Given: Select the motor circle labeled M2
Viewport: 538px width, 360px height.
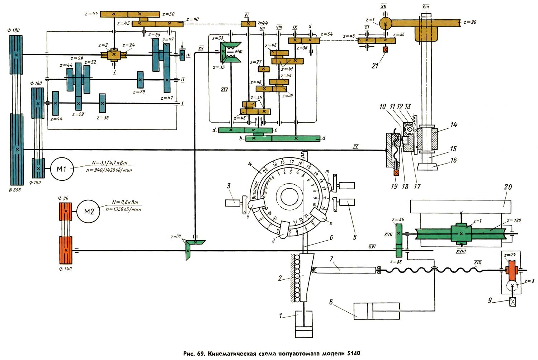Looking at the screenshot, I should pyautogui.click(x=89, y=212).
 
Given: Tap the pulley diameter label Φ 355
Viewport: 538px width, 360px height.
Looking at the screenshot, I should pyautogui.click(x=14, y=190).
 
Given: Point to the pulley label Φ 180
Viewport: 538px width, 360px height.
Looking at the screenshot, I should pyautogui.click(x=14, y=30).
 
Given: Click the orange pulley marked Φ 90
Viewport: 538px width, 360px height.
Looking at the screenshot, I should pyautogui.click(x=65, y=212).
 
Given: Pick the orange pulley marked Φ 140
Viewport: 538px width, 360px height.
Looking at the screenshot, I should pyautogui.click(x=65, y=250).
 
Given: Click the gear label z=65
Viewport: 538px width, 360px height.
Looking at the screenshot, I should pyautogui.click(x=154, y=35).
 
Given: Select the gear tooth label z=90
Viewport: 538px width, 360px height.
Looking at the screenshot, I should pyautogui.click(x=469, y=22).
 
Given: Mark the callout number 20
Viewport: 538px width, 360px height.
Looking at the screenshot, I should pyautogui.click(x=508, y=187).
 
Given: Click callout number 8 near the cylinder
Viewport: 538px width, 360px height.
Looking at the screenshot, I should pyautogui.click(x=331, y=302).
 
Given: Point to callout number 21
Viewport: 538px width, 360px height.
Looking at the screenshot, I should pyautogui.click(x=375, y=66).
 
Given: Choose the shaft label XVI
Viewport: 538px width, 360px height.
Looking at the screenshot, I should pyautogui.click(x=372, y=247).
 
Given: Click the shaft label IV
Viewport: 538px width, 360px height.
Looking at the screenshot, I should pyautogui.click(x=355, y=146).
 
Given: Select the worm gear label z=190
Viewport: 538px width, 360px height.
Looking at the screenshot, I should pyautogui.click(x=514, y=221).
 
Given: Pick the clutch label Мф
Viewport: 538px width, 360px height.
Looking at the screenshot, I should pyautogui.click(x=239, y=52).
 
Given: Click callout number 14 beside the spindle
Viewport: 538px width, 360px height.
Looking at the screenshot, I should pyautogui.click(x=453, y=125).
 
